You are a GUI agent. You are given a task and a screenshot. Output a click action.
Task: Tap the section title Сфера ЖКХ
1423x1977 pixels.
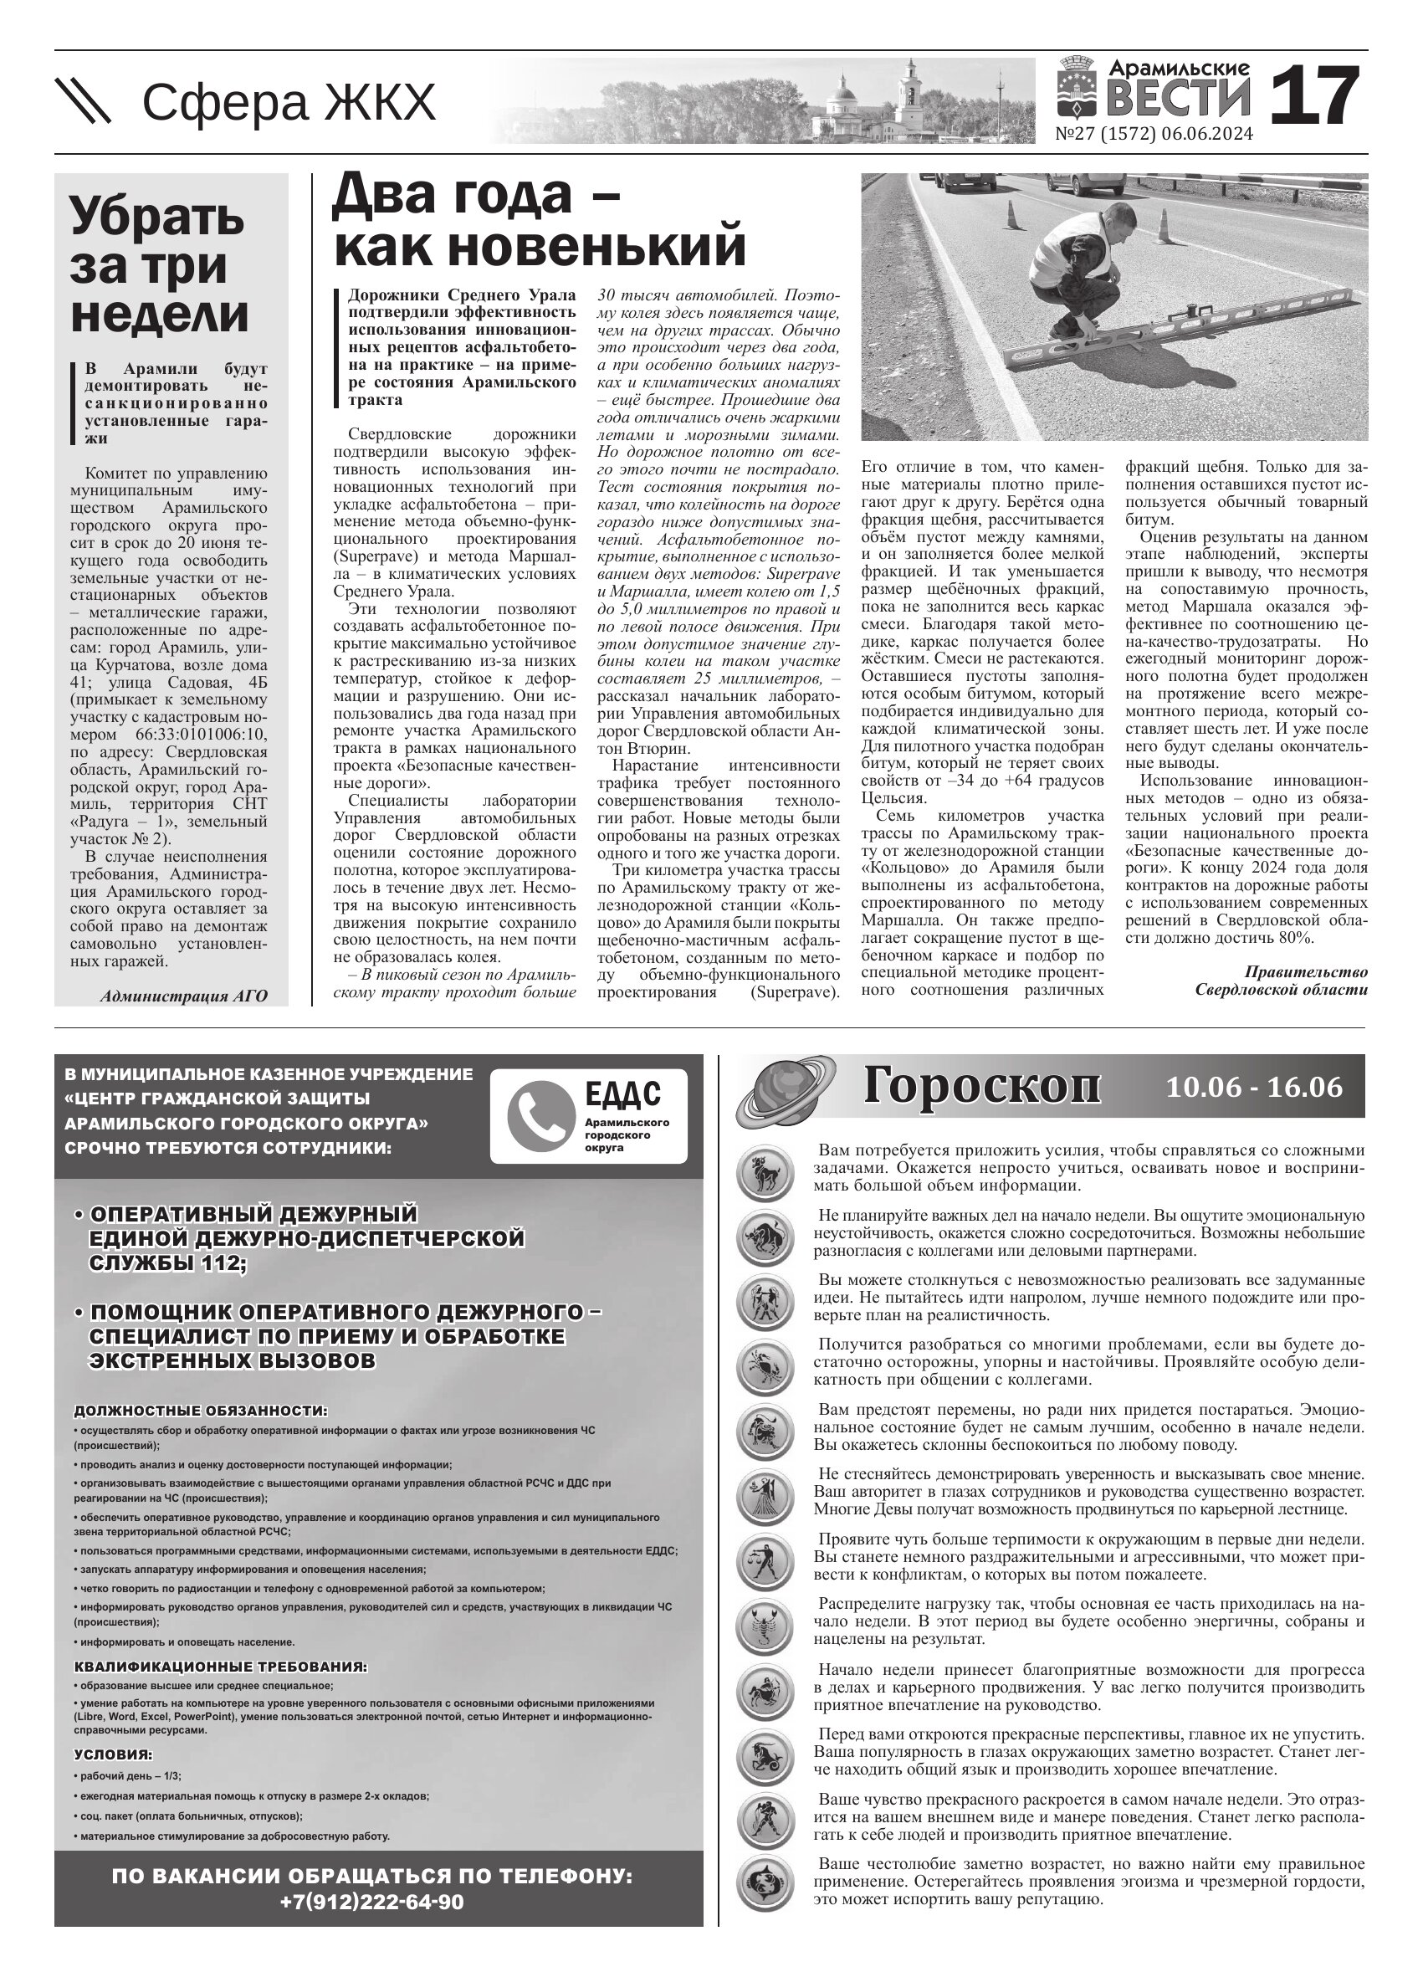click(x=288, y=103)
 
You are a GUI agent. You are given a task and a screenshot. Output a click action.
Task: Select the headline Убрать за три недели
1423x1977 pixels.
click(x=160, y=264)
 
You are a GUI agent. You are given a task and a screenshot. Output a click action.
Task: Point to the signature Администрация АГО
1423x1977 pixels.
click(x=184, y=996)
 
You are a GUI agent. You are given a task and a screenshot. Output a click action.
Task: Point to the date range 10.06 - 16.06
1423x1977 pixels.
click(x=1254, y=1088)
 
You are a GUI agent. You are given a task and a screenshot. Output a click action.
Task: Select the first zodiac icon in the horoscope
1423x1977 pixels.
click(x=765, y=1173)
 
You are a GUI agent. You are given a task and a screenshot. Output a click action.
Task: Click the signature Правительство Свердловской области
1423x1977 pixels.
click(x=1280, y=981)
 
